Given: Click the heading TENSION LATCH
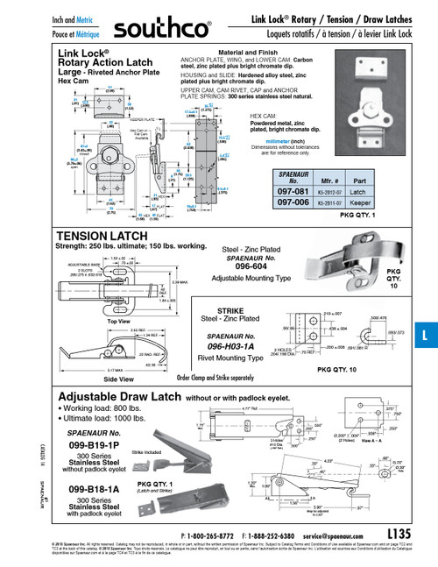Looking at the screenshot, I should [102, 237].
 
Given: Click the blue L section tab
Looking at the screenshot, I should [425, 334].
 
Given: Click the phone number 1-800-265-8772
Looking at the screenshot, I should [218, 534].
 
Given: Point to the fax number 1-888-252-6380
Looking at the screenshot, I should [281, 534].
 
